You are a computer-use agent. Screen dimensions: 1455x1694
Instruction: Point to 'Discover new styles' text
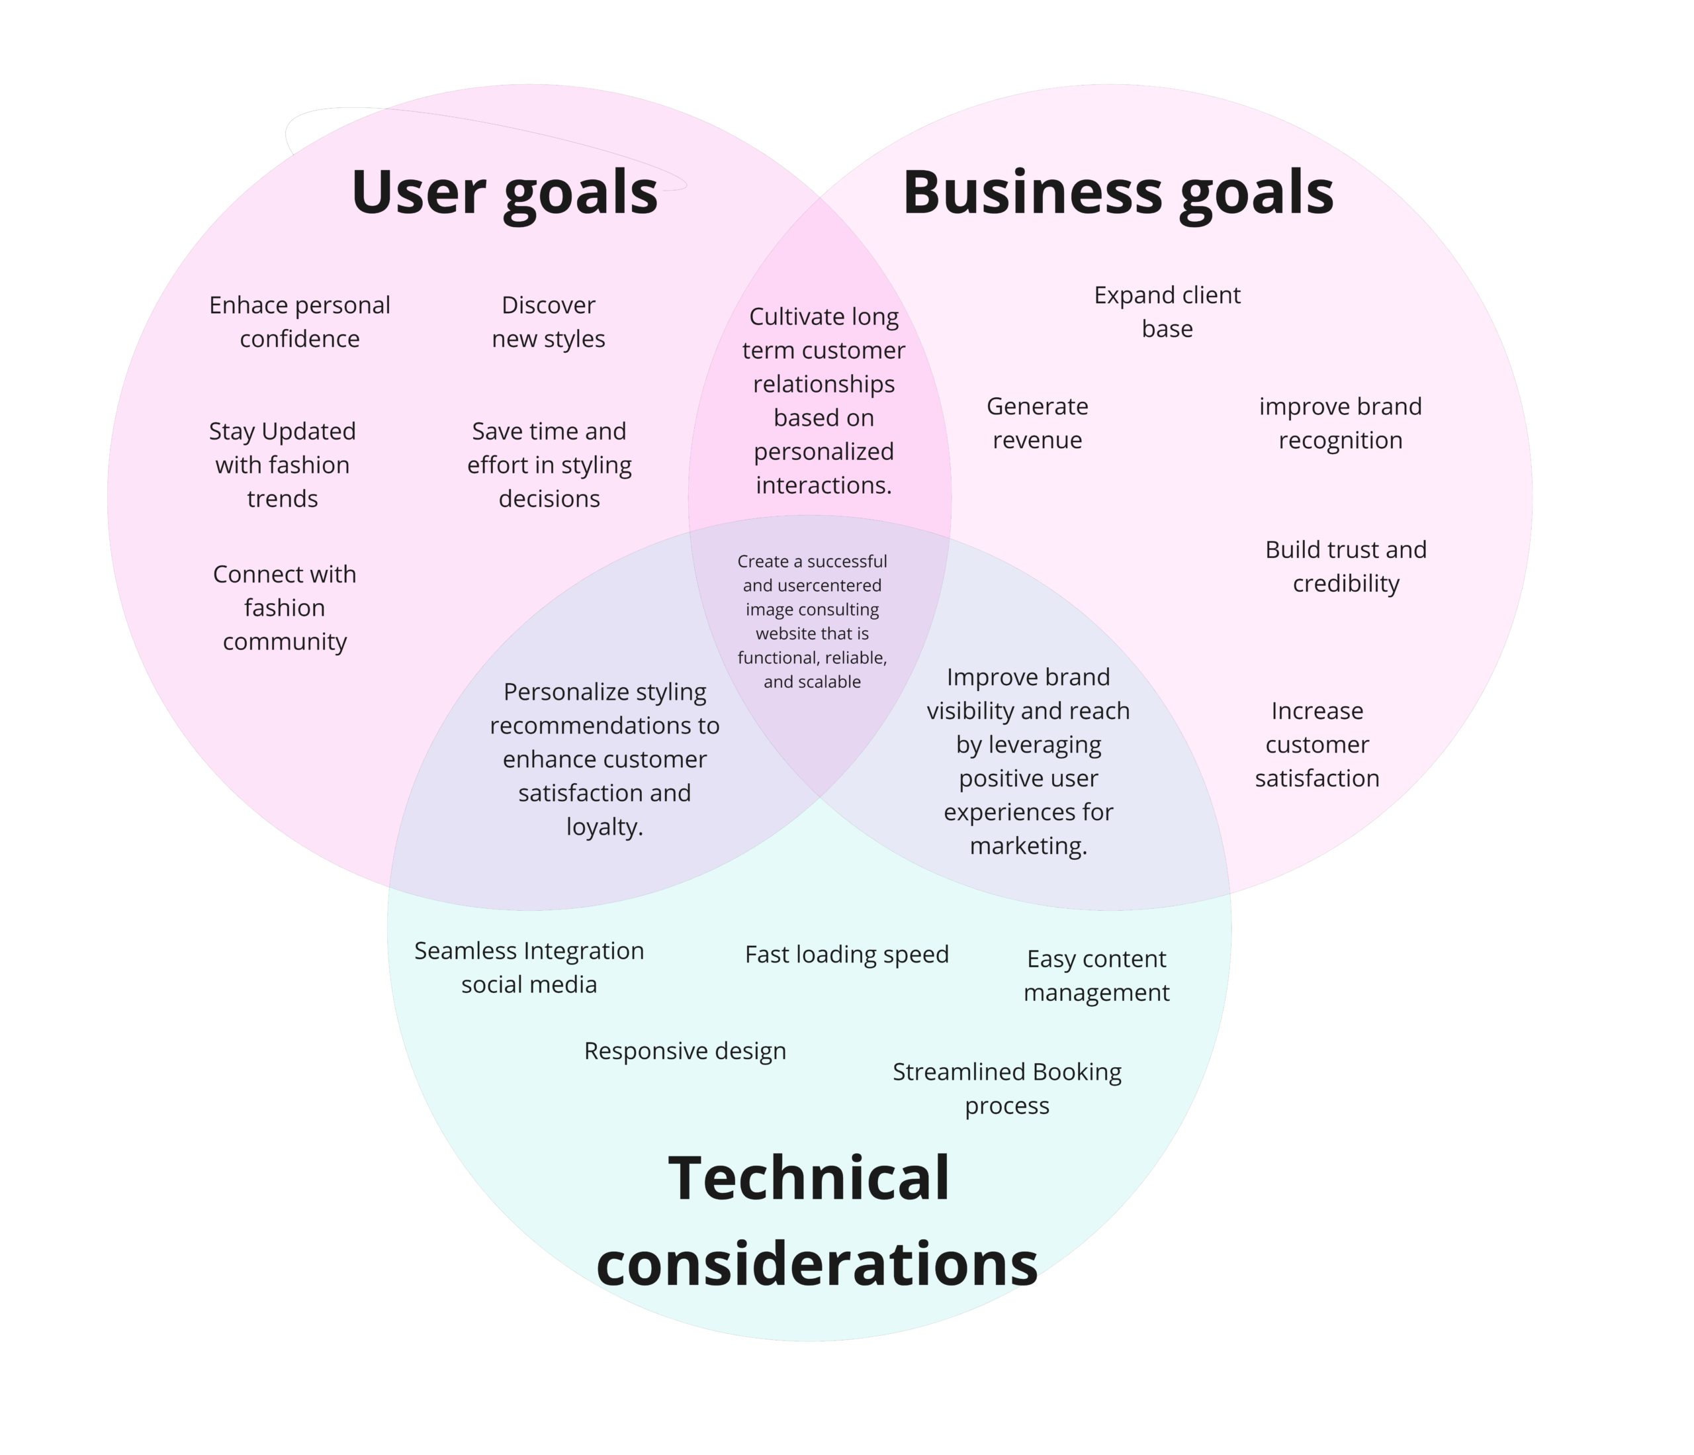click(x=549, y=322)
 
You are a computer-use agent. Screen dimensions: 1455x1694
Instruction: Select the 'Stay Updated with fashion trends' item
click(x=283, y=465)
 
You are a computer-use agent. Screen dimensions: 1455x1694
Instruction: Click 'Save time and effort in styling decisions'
click(x=549, y=465)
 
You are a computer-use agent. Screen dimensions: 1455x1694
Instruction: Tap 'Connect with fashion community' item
click(x=285, y=608)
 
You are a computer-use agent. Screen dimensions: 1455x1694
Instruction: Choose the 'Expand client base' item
click(x=1167, y=312)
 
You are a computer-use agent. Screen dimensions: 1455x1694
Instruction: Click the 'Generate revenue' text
click(x=1037, y=423)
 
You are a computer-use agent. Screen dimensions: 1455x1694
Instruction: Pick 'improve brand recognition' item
click(x=1340, y=423)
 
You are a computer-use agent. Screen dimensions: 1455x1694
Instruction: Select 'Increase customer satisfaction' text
click(x=1317, y=744)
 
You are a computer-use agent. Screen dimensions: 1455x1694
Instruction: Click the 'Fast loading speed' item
click(x=846, y=955)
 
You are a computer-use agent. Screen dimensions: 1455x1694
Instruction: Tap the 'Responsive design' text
click(x=685, y=1051)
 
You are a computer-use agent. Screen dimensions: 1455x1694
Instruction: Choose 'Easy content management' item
click(x=1096, y=975)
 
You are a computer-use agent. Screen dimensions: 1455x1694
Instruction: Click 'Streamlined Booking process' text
click(x=1006, y=1088)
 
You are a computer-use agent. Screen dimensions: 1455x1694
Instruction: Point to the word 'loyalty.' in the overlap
click(x=605, y=827)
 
